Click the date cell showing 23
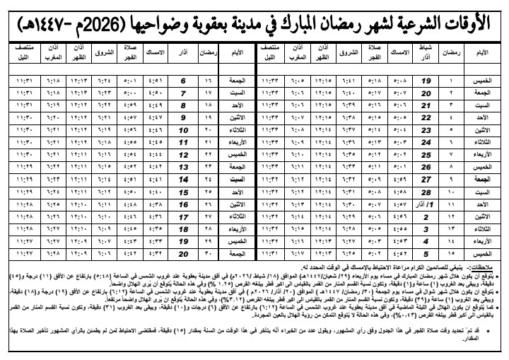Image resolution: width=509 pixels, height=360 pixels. (426, 130)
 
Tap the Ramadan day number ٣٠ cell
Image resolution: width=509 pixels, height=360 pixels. (207, 252)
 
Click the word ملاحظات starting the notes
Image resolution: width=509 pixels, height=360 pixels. (491, 266)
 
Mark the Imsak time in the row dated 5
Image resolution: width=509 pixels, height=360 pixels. (401, 252)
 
